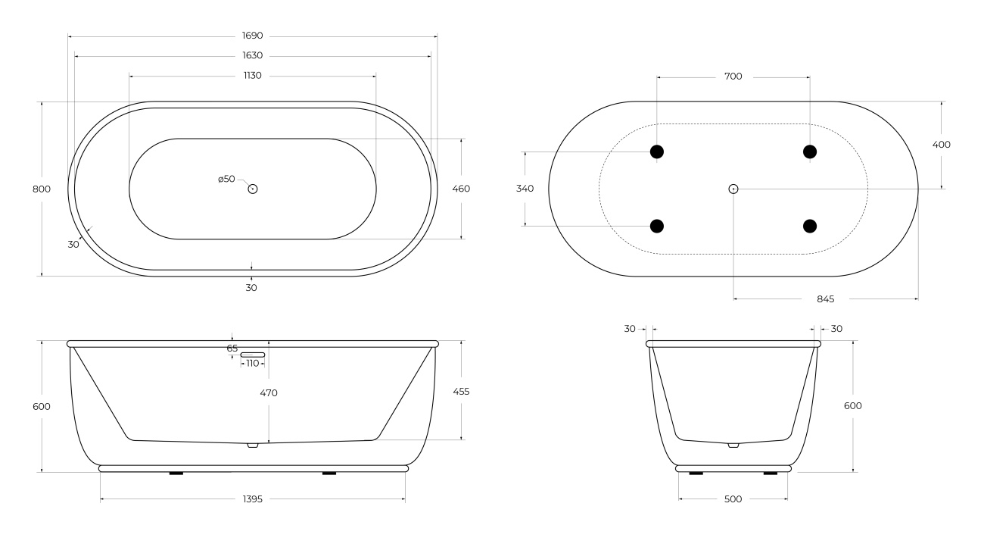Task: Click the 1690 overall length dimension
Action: point(253,36)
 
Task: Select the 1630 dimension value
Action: point(253,55)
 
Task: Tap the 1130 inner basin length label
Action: point(253,76)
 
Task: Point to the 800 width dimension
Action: point(42,189)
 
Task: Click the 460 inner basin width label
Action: point(461,189)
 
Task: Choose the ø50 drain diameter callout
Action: point(226,179)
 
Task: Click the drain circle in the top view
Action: point(253,189)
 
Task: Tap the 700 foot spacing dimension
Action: point(733,77)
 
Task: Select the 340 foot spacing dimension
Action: point(525,189)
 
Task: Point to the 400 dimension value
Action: point(942,145)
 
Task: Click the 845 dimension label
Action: point(825,299)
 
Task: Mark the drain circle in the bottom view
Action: point(733,189)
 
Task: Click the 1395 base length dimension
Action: point(253,499)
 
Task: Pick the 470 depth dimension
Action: point(269,393)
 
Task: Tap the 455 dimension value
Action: point(461,392)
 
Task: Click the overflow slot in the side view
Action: point(253,355)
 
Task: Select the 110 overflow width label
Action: point(253,363)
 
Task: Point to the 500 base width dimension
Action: point(733,499)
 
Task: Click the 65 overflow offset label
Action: point(232,349)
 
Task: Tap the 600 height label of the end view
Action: point(852,406)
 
